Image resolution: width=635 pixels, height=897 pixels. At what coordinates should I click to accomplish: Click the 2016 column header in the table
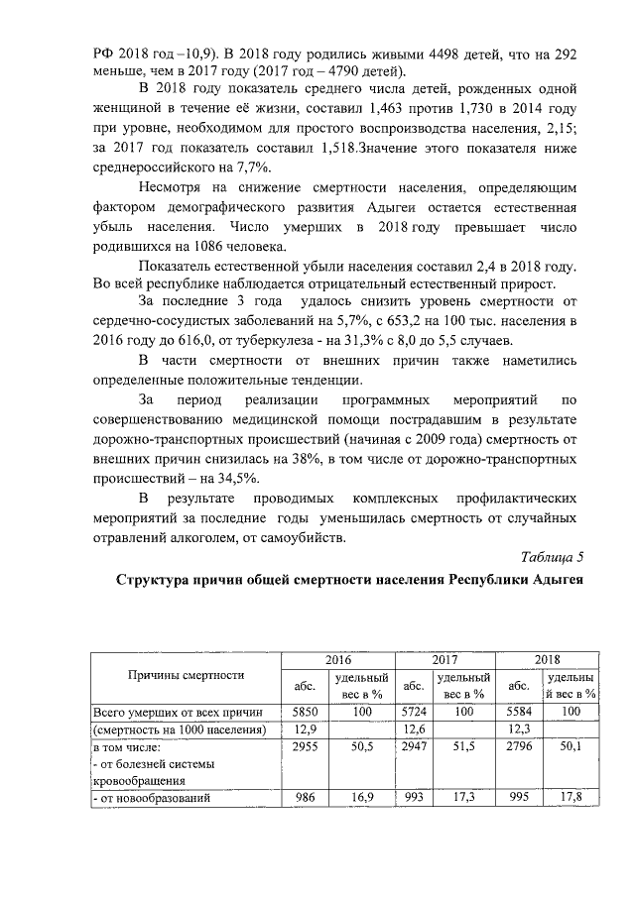click(x=338, y=659)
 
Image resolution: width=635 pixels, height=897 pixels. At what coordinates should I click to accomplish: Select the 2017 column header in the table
click(x=444, y=659)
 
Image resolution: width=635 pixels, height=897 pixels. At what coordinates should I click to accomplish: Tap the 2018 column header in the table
click(x=547, y=659)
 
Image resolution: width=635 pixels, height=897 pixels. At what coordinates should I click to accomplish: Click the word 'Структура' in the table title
click(x=161, y=580)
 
